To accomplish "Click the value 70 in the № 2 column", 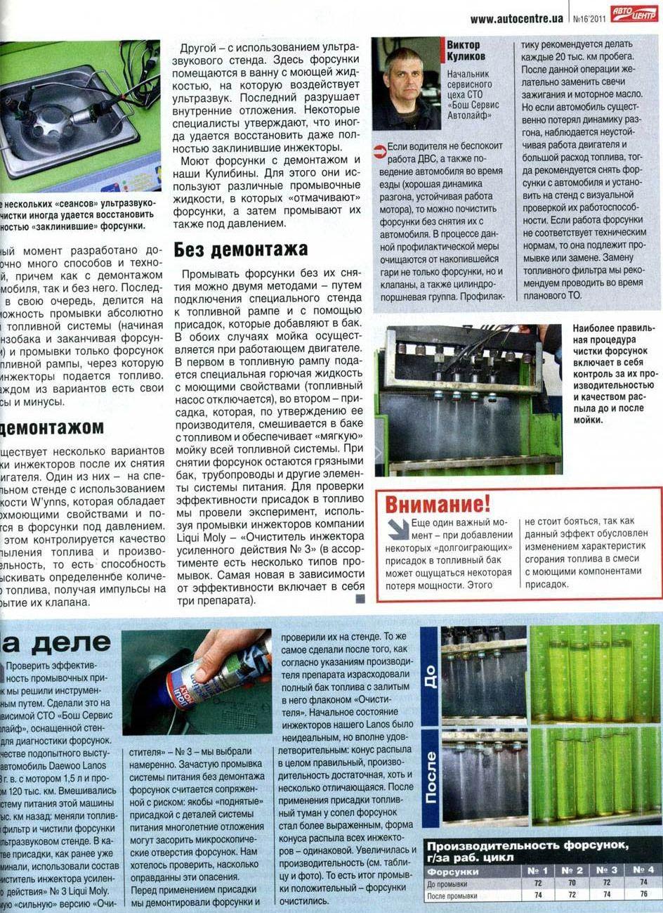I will pos(572,883).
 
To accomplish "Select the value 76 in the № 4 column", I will pos(643,895).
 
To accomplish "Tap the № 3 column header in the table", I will pos(607,870).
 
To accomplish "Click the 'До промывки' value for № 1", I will pos(538,883).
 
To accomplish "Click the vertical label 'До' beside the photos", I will pos(431,675).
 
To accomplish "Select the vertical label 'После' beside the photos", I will pos(431,776).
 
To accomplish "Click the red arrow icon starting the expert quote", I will pos(379,150).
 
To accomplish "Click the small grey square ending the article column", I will pos(360,599).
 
